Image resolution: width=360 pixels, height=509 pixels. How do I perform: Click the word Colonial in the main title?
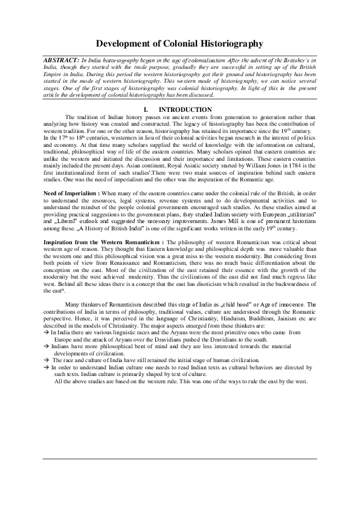[180, 44]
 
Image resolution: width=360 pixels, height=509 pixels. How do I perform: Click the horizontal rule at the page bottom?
[179, 459]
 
